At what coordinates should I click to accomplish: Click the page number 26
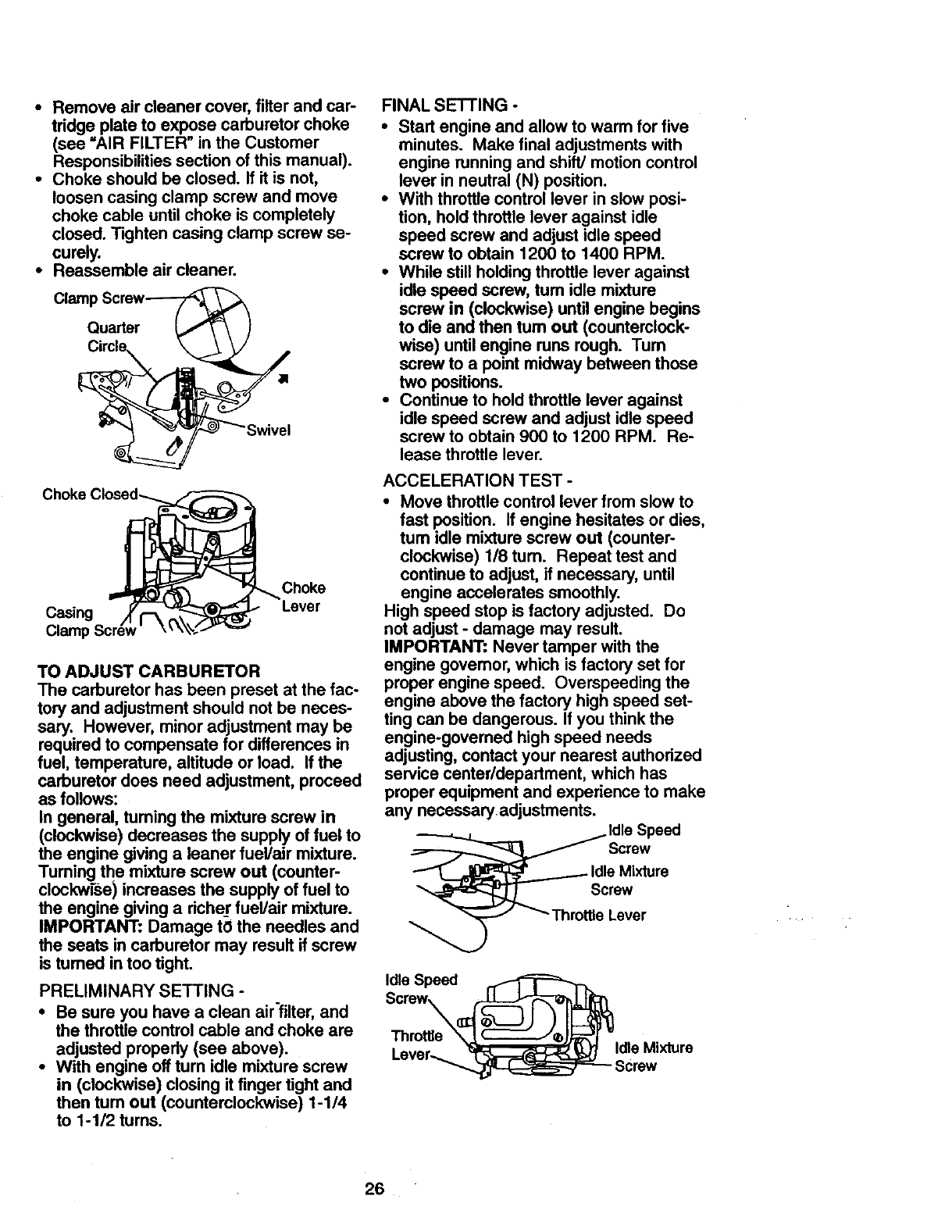pos(374,1190)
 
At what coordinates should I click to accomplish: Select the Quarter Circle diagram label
pos(114,337)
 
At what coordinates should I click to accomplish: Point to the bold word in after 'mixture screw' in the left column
pos(329,817)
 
